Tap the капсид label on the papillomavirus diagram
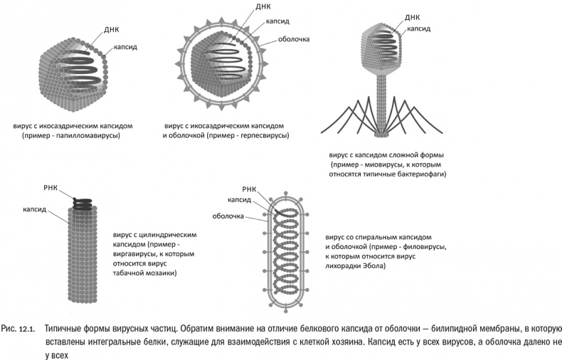pyautogui.click(x=124, y=48)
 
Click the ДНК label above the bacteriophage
pyautogui.click(x=412, y=17)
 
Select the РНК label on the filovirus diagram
pyautogui.click(x=249, y=189)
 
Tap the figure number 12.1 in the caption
pyautogui.click(x=27, y=329)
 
